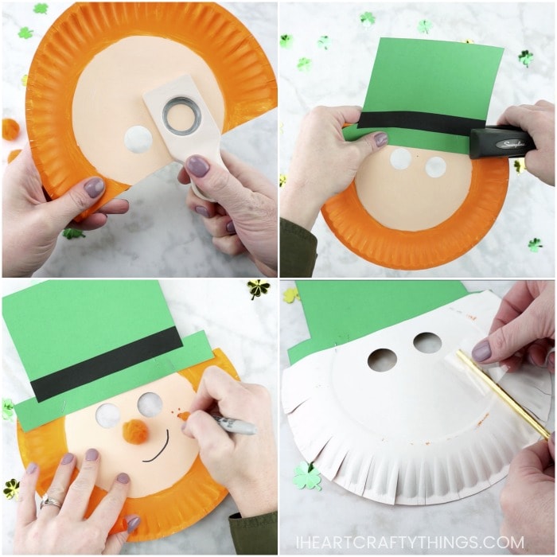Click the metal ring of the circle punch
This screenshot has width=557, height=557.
(x=182, y=116)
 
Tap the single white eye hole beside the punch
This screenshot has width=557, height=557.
(x=138, y=140)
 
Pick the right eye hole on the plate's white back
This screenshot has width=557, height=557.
(x=427, y=343)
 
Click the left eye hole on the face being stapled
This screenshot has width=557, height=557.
(x=402, y=159)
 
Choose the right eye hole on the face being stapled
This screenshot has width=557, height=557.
(x=435, y=167)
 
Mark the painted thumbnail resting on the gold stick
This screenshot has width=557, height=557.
(x=482, y=350)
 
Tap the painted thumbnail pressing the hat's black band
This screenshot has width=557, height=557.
(x=381, y=139)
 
